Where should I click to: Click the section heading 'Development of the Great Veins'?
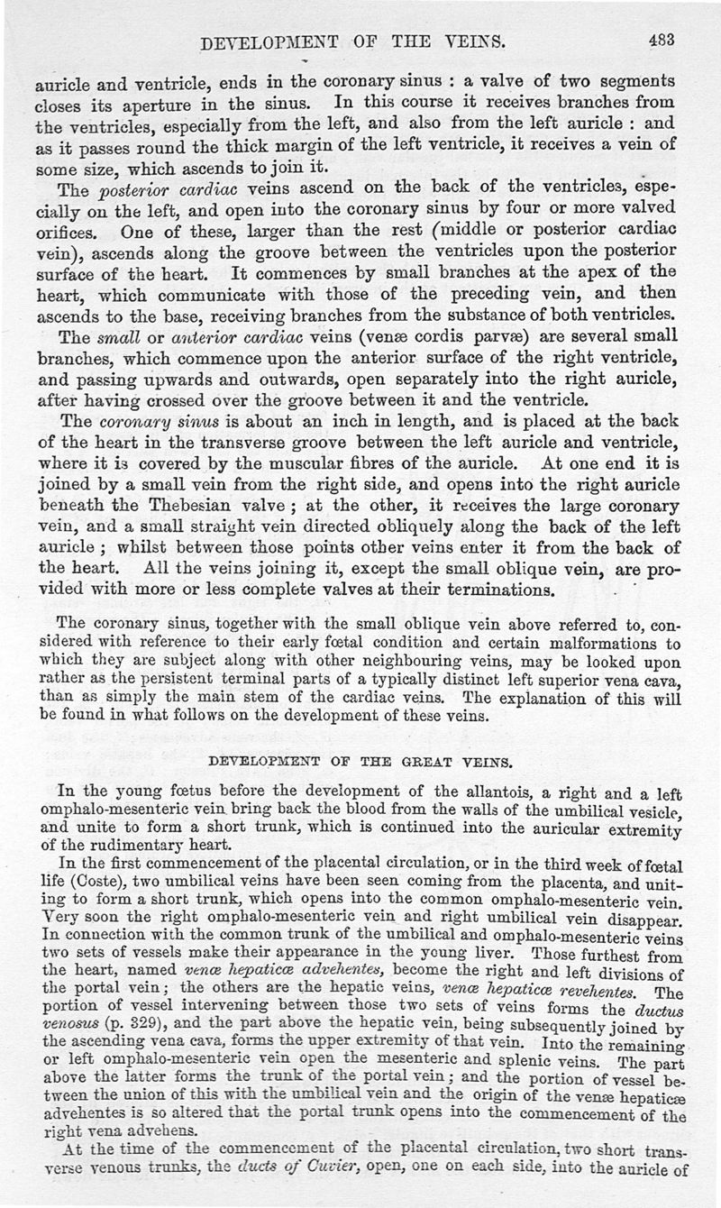[360, 761]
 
